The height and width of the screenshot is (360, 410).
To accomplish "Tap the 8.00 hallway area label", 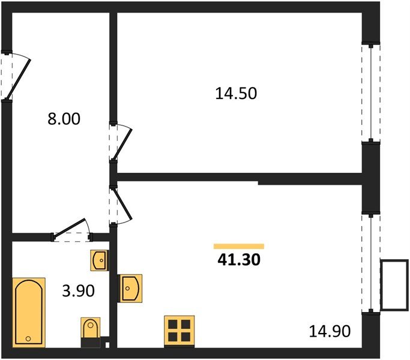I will [64, 119].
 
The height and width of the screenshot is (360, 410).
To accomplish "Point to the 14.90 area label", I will [329, 330].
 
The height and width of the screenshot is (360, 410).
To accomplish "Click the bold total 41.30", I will [238, 260].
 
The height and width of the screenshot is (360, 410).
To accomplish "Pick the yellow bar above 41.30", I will [239, 246].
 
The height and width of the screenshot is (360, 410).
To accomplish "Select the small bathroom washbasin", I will [99, 261].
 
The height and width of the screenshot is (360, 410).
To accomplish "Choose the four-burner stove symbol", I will [179, 330].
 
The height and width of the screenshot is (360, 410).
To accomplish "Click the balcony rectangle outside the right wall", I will [394, 285].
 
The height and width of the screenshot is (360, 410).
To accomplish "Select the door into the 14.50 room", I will [121, 142].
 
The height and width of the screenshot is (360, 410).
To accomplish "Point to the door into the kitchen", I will [121, 205].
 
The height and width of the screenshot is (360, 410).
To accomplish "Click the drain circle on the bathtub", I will [28, 340].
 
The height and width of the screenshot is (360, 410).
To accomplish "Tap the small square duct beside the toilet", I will [106, 345].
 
